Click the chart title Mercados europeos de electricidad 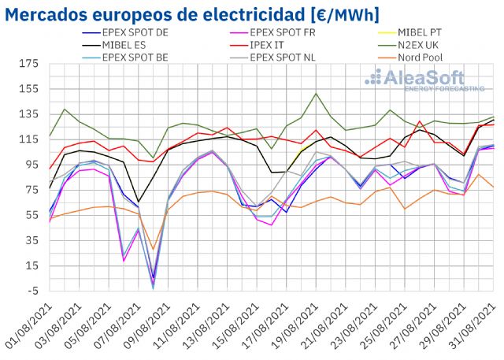(192, 14)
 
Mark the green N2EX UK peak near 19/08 (316, 94)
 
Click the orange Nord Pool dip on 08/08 (153, 250)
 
